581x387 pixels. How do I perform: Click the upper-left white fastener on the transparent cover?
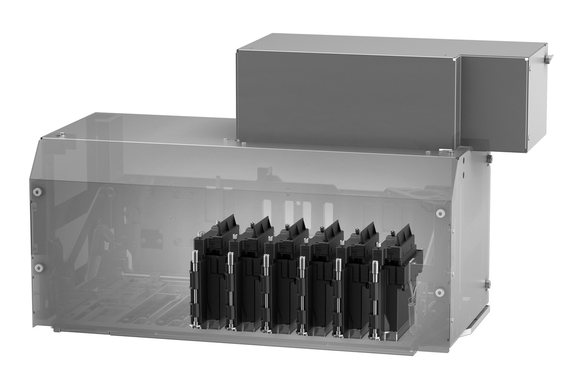click(36, 192)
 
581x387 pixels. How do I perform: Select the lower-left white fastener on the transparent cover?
click(39, 268)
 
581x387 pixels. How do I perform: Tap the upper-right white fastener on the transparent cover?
click(440, 213)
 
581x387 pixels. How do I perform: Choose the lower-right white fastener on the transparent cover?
click(440, 292)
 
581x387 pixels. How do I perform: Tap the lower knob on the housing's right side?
click(488, 283)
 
